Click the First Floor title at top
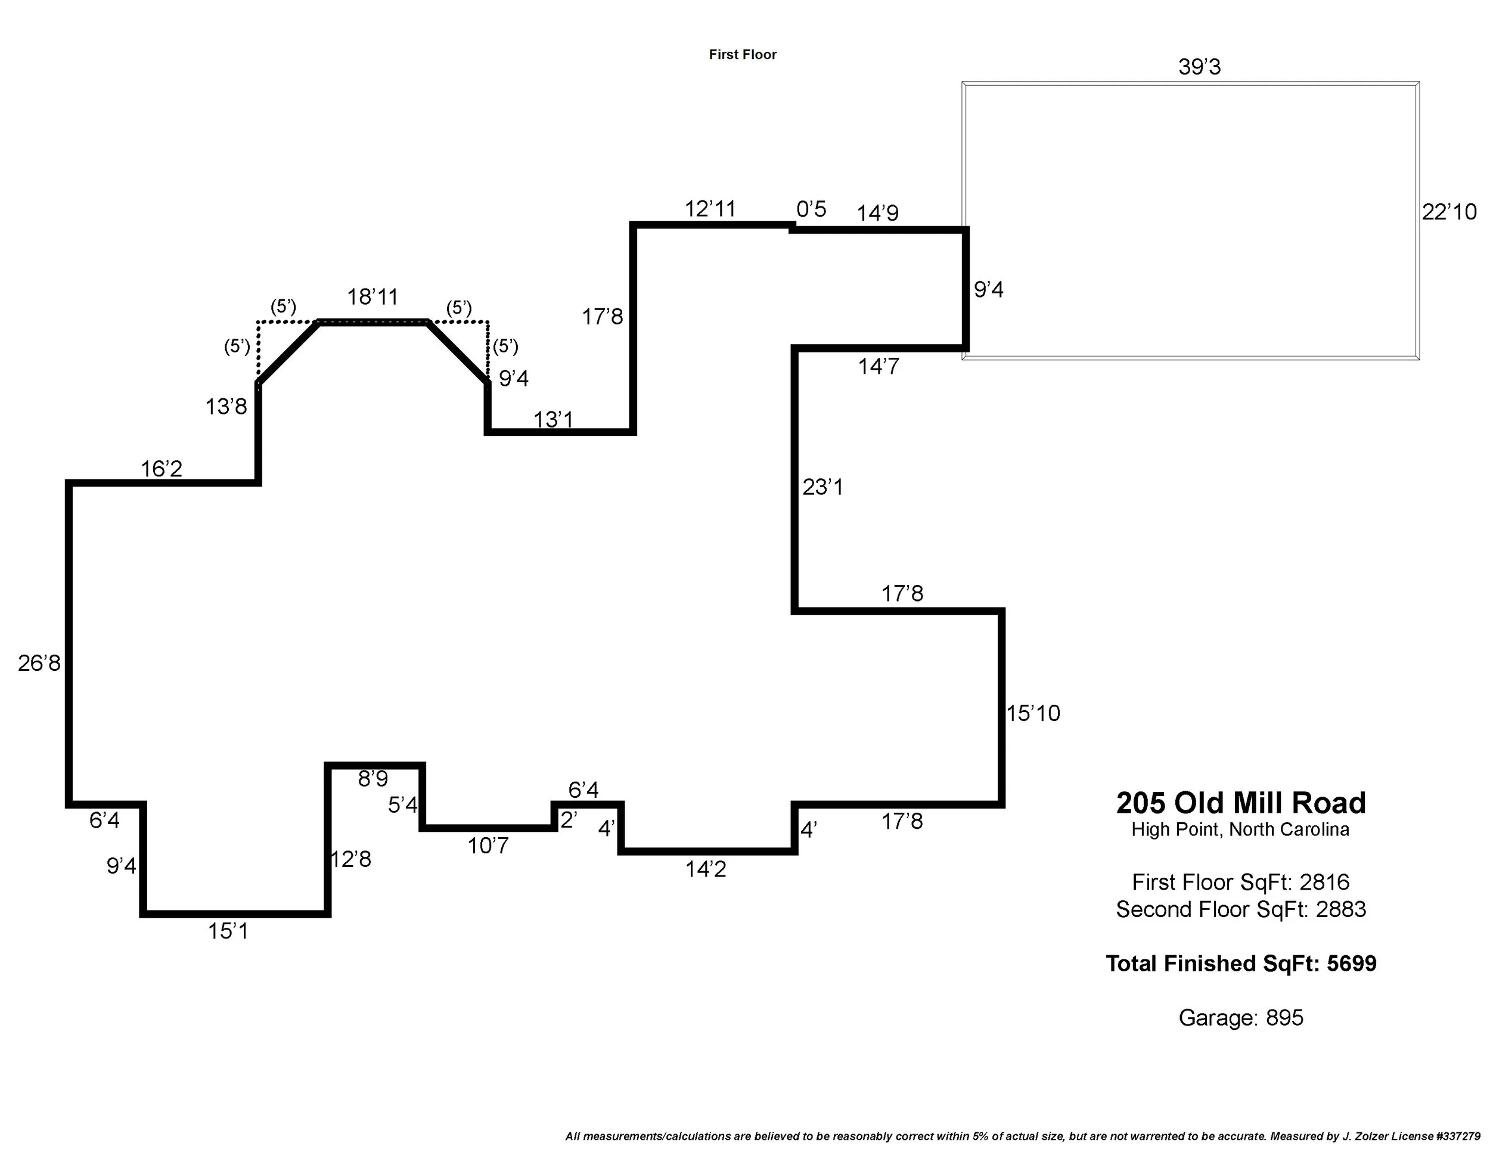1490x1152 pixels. click(742, 55)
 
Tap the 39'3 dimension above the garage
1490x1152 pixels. click(1199, 67)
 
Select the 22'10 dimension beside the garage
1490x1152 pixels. click(1449, 212)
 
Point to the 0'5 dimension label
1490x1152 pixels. click(811, 209)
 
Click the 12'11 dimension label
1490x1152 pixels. click(710, 209)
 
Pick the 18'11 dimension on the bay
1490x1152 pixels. click(372, 297)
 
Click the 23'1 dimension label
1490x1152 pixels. click(822, 487)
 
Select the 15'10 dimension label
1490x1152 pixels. click(1033, 713)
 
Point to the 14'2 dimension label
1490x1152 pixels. click(706, 869)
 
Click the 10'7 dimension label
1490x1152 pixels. click(488, 846)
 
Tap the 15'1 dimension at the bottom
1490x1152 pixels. click(228, 931)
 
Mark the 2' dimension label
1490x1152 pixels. click(569, 820)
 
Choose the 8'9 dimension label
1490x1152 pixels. click(373, 779)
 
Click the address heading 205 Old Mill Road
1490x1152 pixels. click(1240, 803)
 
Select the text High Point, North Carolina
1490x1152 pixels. click(1240, 830)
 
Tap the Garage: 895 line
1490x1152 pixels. click(1240, 1018)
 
